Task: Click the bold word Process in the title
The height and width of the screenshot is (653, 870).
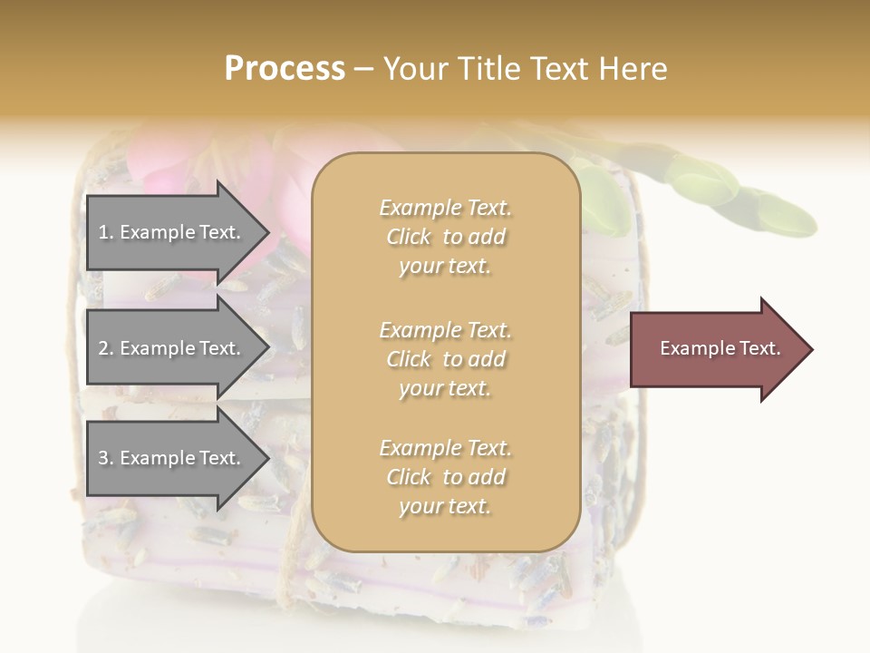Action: point(285,69)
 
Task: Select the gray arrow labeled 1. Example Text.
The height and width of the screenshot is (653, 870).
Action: point(172,232)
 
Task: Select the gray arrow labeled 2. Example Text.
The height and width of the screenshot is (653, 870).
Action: point(172,348)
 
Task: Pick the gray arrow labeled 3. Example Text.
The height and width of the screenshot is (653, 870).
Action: point(172,458)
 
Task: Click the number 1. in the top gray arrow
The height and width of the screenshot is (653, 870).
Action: point(105,232)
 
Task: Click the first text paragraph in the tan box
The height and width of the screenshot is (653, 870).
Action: point(445,237)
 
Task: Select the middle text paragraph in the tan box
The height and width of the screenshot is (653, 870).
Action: point(445,358)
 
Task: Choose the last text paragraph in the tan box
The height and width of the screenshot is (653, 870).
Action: point(445,477)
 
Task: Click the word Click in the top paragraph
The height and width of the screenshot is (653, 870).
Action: point(409,237)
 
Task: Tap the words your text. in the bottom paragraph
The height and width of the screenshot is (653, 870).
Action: point(445,506)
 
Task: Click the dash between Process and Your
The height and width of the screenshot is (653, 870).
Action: point(364,70)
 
